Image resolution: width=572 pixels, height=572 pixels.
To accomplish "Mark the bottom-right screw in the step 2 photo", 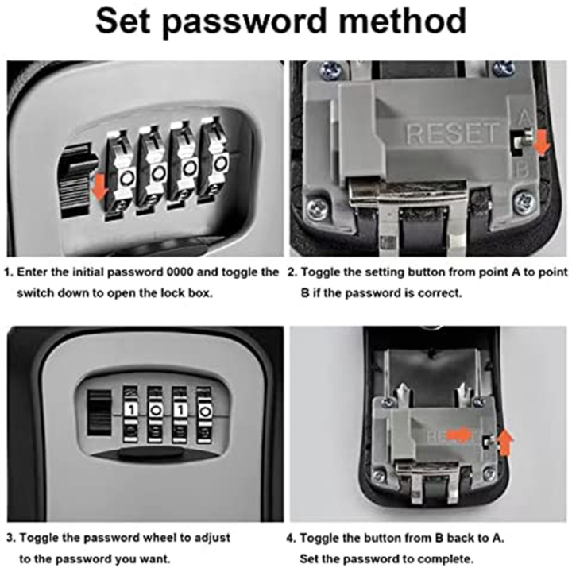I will tap(523, 203).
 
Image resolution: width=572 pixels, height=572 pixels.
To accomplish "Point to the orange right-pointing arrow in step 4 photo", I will tap(458, 435).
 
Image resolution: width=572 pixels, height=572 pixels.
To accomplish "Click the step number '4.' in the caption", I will tap(292, 537).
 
